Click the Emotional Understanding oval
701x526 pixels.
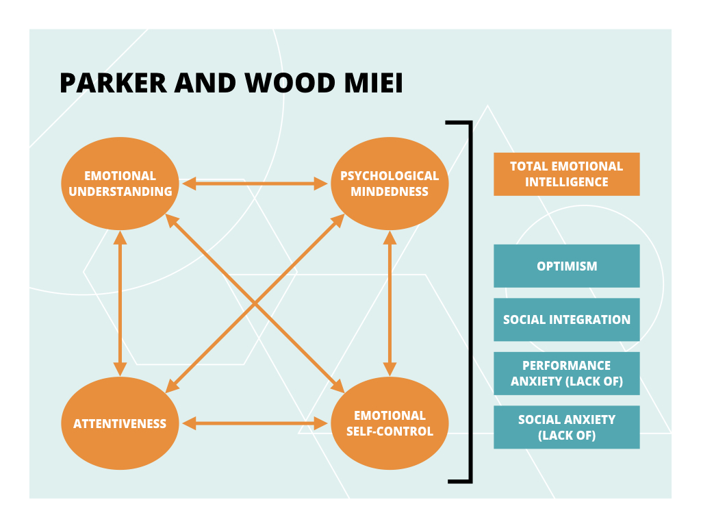tap(120, 184)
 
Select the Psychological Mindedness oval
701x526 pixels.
tap(390, 184)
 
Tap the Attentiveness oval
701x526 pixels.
tap(120, 423)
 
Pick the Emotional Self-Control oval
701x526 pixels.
tap(390, 423)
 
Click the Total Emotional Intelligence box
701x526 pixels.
tap(566, 174)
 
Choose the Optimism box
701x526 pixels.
tap(566, 266)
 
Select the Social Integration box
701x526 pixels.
tap(566, 319)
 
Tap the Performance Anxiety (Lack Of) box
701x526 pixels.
tap(566, 373)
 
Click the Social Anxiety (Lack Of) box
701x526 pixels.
tap(566, 427)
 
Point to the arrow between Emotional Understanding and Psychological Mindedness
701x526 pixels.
tap(255, 184)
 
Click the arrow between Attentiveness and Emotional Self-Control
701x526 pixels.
tap(255, 423)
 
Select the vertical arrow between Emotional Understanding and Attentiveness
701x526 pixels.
tap(120, 303)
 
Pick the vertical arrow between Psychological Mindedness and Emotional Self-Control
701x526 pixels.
tap(390, 303)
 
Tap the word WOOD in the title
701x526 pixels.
tap(282, 83)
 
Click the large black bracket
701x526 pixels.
tap(470, 301)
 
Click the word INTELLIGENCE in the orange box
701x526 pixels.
tap(566, 182)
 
